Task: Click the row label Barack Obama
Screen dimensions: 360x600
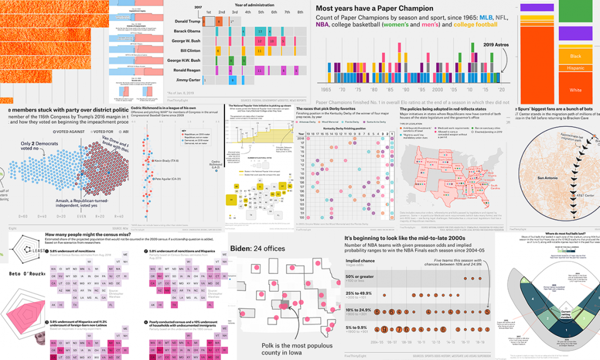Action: point(187,30)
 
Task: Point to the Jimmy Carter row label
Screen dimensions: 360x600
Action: point(187,80)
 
